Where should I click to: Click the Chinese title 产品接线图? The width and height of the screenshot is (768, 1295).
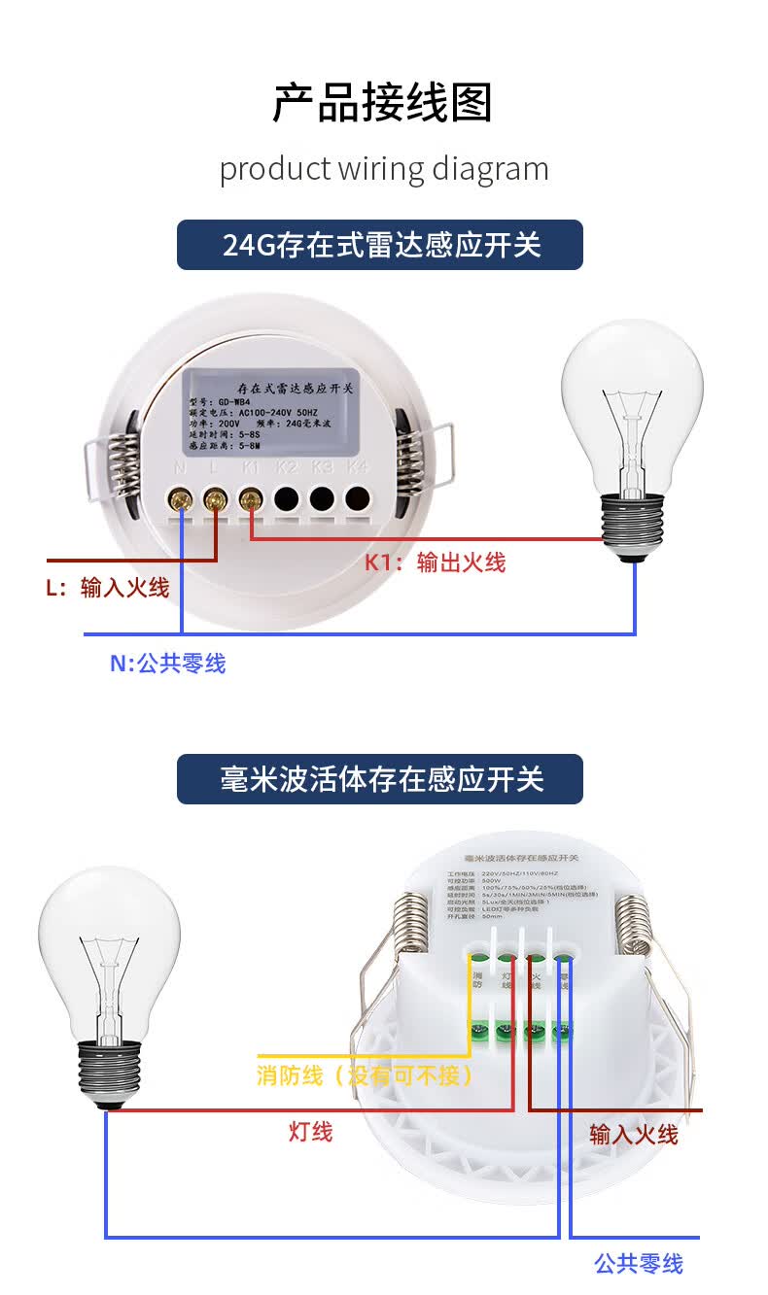click(383, 103)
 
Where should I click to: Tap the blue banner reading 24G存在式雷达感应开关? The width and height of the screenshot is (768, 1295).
click(380, 245)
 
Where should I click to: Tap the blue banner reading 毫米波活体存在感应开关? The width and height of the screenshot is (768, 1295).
click(380, 779)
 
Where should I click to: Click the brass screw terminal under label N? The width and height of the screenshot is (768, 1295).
click(181, 500)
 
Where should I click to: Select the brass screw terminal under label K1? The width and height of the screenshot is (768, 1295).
click(250, 500)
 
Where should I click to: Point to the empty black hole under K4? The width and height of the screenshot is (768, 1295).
click(358, 499)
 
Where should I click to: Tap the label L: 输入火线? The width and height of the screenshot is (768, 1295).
click(108, 588)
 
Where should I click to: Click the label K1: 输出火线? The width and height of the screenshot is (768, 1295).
click(436, 562)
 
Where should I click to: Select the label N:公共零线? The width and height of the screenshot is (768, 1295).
click(167, 664)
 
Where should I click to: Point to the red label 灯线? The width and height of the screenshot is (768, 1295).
click(311, 1132)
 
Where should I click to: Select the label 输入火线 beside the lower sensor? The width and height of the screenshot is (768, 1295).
click(634, 1134)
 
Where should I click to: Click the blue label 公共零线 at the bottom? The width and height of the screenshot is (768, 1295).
click(639, 1264)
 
